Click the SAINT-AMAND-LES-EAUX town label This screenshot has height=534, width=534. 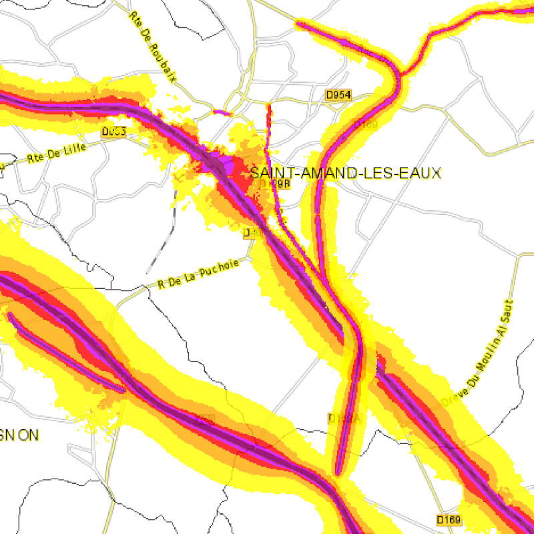(x=346, y=174)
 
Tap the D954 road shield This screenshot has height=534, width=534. (x=338, y=95)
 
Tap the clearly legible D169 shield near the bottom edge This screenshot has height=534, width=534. (x=449, y=519)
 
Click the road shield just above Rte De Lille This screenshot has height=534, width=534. (x=114, y=132)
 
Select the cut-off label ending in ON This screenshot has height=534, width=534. (x=19, y=435)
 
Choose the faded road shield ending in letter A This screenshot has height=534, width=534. (x=344, y=418)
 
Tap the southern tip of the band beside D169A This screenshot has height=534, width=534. (x=338, y=472)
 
